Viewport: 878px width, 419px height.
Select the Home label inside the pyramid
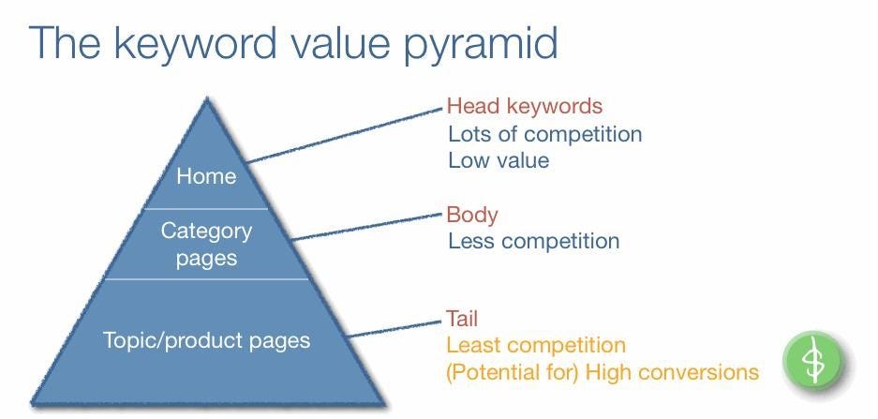[x=206, y=175]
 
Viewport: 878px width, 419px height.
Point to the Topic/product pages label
[x=206, y=339]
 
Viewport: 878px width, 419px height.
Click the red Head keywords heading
[x=524, y=106]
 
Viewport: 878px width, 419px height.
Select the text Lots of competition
[x=544, y=133]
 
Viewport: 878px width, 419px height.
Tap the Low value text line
[x=498, y=159]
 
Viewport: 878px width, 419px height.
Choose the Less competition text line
[x=533, y=241]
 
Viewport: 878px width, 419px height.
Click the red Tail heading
[x=462, y=319]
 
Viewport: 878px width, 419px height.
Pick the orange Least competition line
[x=535, y=346]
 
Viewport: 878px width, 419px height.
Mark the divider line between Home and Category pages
[x=206, y=208]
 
